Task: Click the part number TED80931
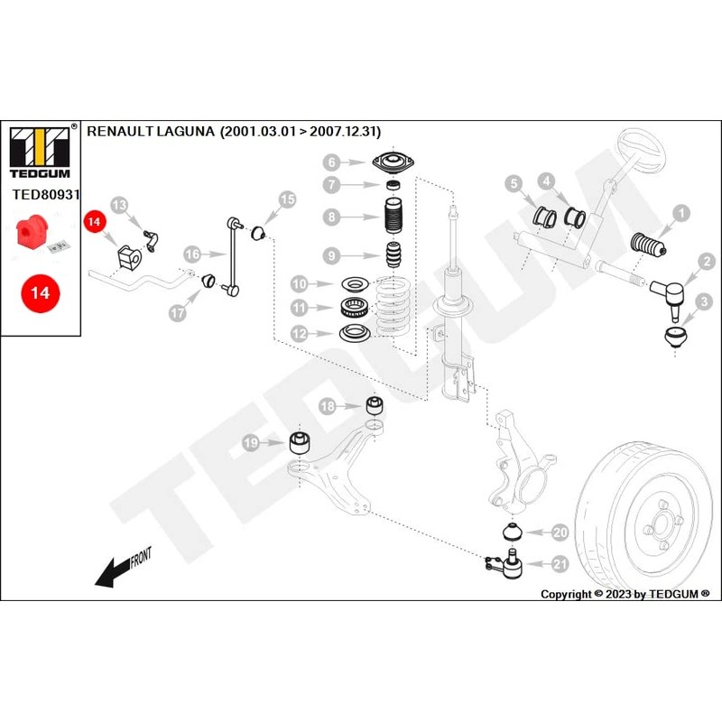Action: pos(46,194)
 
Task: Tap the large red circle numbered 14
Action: pos(41,292)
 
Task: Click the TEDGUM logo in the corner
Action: pos(40,153)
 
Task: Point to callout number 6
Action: pos(331,162)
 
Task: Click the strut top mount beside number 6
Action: pos(393,163)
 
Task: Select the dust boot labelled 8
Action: pos(393,217)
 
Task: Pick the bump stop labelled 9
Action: pos(393,255)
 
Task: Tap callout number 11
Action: pos(300,307)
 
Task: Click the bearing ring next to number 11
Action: pos(355,307)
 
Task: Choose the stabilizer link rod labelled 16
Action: pos(234,256)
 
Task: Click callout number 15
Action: pos(287,199)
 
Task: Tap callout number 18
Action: pos(328,406)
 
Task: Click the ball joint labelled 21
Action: pos(505,563)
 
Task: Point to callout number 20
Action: pos(560,532)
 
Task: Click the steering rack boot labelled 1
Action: pos(648,245)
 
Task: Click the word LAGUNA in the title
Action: pos(186,131)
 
